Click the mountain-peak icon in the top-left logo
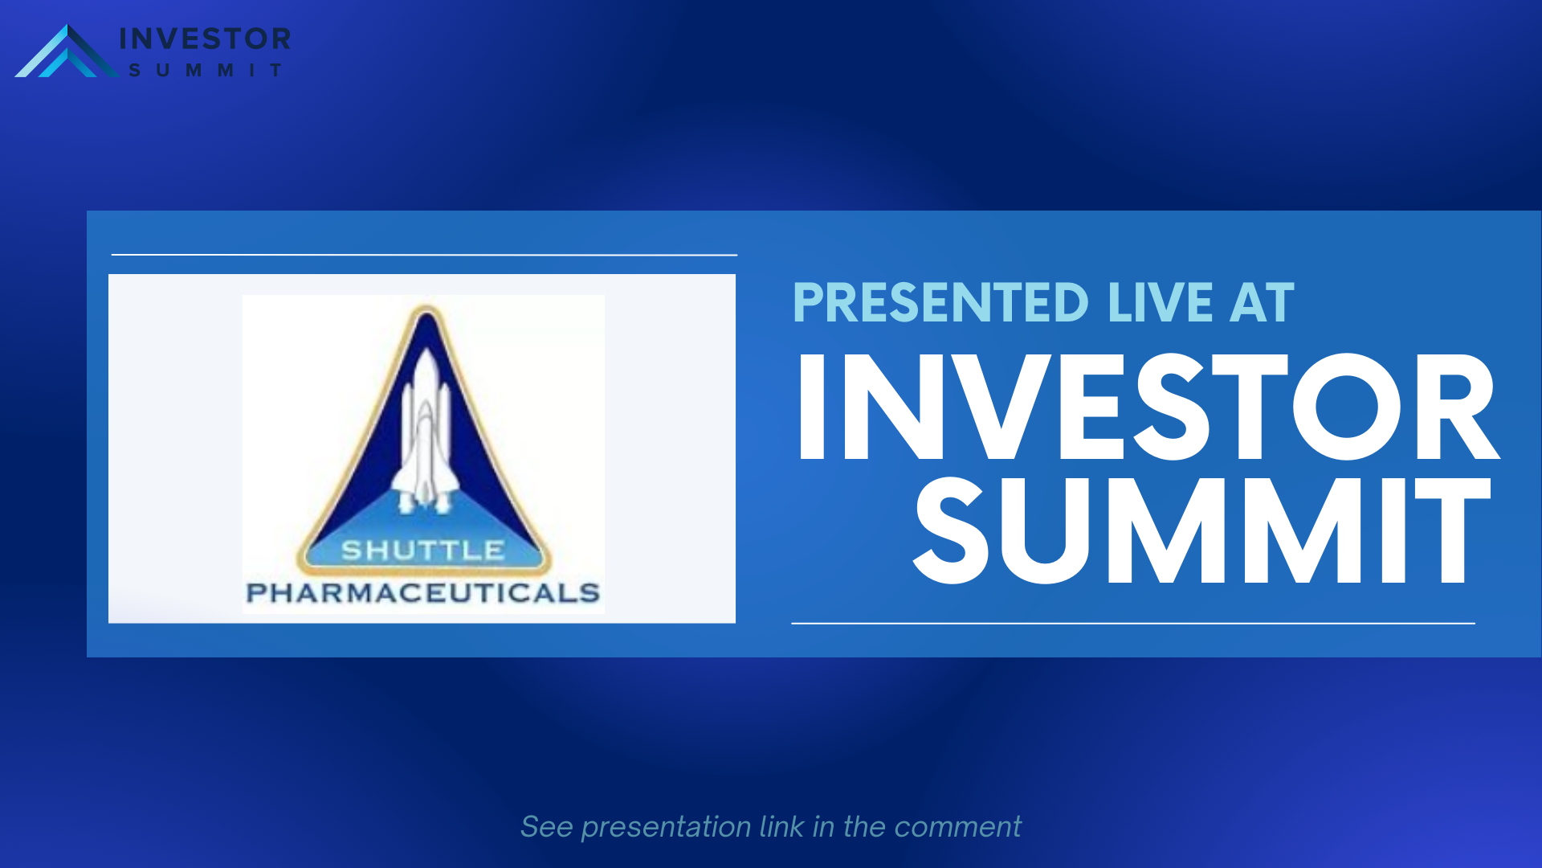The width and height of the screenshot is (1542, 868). click(x=67, y=51)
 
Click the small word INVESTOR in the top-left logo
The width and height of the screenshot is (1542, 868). click(x=205, y=39)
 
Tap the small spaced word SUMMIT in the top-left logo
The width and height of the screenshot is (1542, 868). click(x=206, y=71)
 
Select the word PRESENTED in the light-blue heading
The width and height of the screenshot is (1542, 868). click(x=940, y=303)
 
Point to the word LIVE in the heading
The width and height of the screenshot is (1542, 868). click(x=1160, y=303)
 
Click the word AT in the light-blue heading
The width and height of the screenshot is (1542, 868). click(x=1262, y=303)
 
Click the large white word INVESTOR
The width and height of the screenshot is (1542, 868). click(x=1147, y=407)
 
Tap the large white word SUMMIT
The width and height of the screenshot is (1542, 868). click(x=1201, y=530)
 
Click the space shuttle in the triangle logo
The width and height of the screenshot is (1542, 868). click(x=425, y=432)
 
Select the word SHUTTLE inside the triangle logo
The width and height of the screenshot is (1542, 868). click(x=423, y=551)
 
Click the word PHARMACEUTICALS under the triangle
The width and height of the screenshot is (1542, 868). click(x=423, y=593)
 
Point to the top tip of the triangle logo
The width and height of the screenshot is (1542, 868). click(x=426, y=305)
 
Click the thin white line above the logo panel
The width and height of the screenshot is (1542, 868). click(x=424, y=255)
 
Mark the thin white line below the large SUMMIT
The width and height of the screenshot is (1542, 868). click(x=1133, y=623)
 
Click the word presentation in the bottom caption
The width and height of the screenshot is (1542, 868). click(x=667, y=827)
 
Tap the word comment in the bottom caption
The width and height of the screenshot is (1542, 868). click(x=957, y=827)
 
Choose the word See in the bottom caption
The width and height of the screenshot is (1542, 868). click(x=547, y=827)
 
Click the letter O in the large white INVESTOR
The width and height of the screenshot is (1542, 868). click(x=1347, y=407)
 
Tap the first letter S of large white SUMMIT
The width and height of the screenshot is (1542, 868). click(x=951, y=530)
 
